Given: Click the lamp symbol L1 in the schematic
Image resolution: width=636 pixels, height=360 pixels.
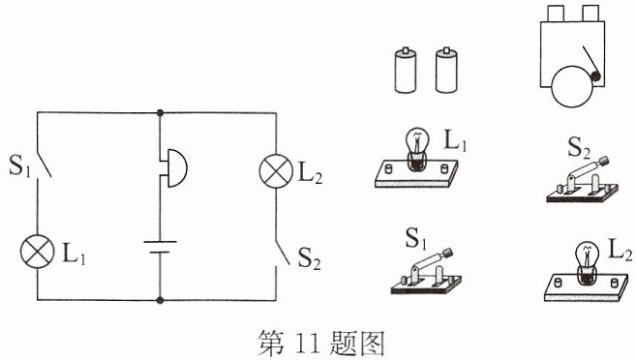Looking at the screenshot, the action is (38, 251).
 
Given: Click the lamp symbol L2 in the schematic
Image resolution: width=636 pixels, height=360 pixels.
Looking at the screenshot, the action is (276, 170).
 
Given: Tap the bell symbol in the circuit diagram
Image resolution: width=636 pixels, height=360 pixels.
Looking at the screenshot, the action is (173, 167).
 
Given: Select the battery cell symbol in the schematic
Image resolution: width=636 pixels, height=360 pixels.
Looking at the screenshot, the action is (160, 247).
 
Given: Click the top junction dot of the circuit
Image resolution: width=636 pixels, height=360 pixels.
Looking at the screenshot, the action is (160, 112).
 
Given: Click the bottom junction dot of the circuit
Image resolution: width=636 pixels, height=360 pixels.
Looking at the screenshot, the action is (160, 300).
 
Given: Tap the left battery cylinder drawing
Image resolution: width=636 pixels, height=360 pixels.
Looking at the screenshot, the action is (406, 71).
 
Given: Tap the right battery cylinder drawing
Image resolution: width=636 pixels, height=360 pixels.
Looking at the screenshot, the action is (446, 71).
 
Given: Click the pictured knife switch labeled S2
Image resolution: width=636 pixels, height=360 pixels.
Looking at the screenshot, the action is (582, 179).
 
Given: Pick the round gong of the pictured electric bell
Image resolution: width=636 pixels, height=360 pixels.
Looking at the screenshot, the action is (572, 86).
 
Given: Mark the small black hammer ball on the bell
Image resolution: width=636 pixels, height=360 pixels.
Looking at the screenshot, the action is (595, 75).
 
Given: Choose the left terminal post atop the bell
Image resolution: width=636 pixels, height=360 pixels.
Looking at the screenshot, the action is (556, 14).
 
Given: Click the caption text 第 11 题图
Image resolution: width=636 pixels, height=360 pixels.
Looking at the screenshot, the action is (320, 343).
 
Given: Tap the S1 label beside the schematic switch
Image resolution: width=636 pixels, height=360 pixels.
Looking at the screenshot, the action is (20, 165).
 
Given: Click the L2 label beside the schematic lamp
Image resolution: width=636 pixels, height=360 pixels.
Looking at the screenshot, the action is (311, 173).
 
